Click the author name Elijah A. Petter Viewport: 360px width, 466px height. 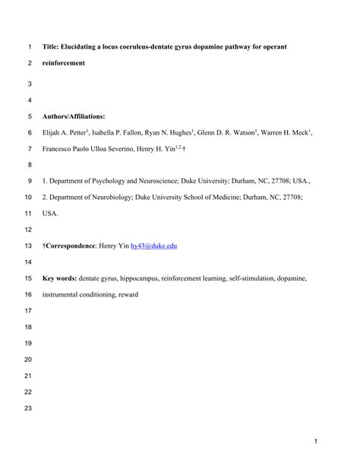(68, 133)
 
